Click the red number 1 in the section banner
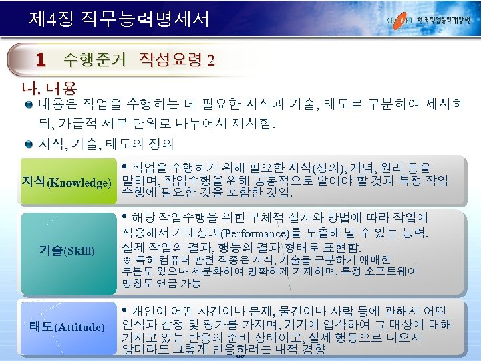41,61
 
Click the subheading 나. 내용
50,88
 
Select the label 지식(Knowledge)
65,183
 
